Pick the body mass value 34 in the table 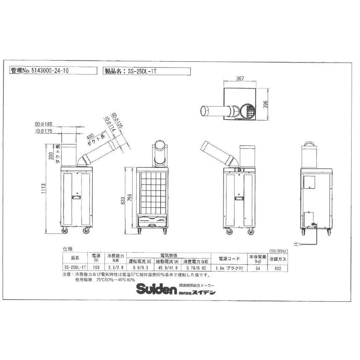pyautogui.click(x=257, y=267)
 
